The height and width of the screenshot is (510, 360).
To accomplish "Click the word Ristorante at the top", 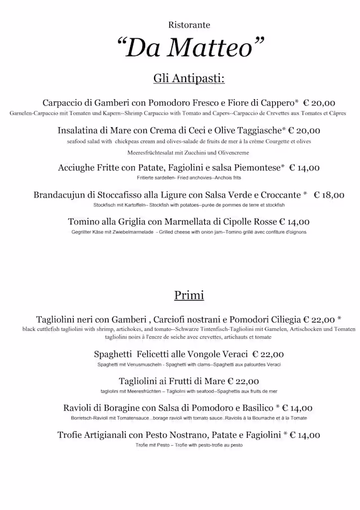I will [188, 25].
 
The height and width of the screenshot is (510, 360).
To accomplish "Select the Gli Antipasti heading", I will [188, 78].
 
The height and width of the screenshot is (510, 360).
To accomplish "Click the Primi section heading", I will [189, 295].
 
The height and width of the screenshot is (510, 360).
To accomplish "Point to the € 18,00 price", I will [329, 195].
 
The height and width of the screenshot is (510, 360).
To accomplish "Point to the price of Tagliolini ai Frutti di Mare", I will [244, 381].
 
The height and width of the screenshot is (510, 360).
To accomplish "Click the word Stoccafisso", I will [118, 195].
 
